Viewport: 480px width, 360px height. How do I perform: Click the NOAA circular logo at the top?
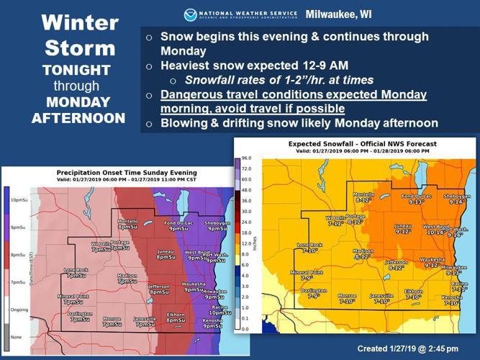(x=190, y=14)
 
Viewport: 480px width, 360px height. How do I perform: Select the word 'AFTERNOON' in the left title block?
(x=78, y=117)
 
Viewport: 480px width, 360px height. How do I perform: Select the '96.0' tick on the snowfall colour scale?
(x=246, y=158)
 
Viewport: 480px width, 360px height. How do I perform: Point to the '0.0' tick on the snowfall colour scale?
(x=246, y=328)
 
